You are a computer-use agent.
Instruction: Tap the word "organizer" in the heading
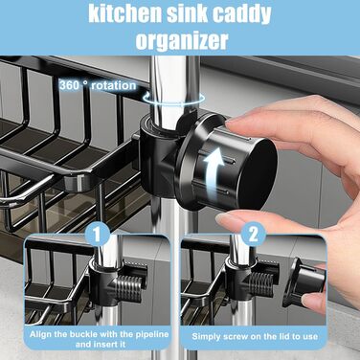click(x=182, y=40)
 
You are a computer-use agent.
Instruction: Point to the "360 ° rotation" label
click(x=98, y=85)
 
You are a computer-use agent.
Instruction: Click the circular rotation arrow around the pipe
click(x=173, y=99)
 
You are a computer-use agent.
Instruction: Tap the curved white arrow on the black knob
click(x=212, y=172)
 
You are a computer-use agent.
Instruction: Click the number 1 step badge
click(x=98, y=235)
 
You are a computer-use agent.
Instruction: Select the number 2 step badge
click(x=253, y=235)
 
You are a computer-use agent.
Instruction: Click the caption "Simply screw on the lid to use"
click(x=255, y=336)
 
